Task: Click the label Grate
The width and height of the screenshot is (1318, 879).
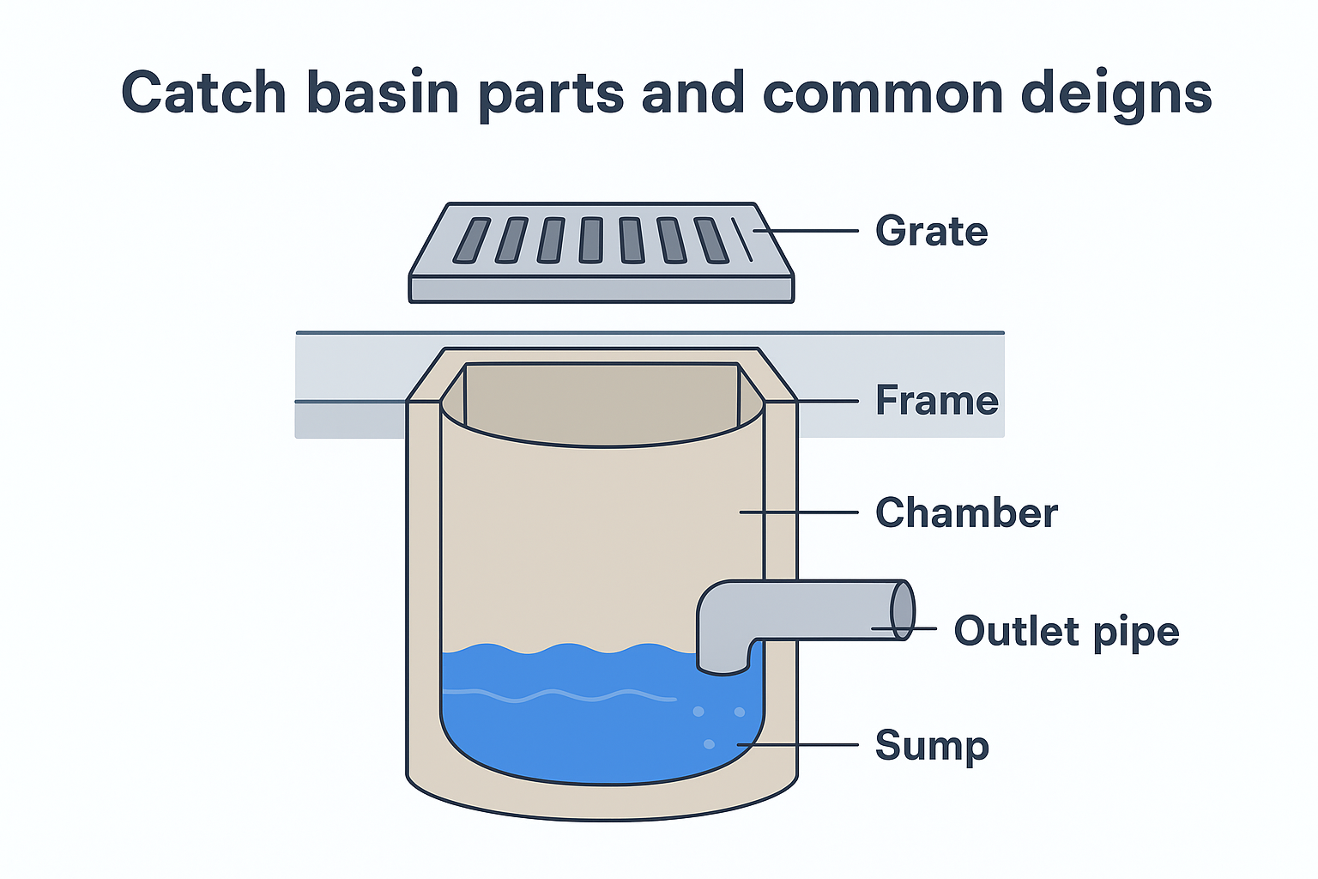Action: (931, 232)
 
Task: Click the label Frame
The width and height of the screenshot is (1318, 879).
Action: (936, 401)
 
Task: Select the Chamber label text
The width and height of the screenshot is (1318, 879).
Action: (966, 512)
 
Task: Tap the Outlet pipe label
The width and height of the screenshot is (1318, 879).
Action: (1066, 632)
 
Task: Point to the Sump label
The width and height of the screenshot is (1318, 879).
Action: (932, 745)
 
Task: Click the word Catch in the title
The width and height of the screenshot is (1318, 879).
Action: (203, 93)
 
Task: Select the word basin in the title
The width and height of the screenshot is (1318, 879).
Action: (383, 93)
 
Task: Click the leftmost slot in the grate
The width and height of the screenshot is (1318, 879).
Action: (471, 240)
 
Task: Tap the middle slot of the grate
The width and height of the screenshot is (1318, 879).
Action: (591, 240)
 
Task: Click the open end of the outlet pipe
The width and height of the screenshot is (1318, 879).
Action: (902, 610)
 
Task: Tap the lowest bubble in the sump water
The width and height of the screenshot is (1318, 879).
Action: (709, 744)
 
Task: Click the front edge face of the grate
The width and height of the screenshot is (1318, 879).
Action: (601, 289)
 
